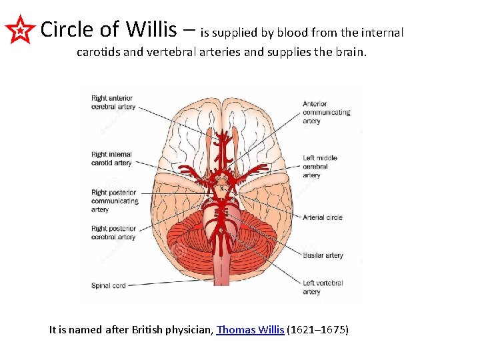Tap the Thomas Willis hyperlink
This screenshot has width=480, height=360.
tap(250, 329)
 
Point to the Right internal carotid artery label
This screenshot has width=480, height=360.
tap(112, 158)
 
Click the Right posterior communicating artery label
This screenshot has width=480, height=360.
tap(115, 201)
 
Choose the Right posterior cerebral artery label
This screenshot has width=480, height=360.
tap(113, 233)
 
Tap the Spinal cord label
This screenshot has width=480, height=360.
tap(109, 285)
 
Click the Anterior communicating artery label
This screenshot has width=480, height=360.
tap(326, 112)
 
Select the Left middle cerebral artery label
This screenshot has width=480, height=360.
tap(320, 167)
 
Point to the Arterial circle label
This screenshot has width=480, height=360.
tap(323, 217)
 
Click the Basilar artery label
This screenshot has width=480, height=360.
tap(323, 255)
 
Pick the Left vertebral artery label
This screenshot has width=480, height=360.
tap(323, 287)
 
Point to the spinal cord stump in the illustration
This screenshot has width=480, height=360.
tap(221, 270)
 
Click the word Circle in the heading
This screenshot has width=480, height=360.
tap(67, 29)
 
